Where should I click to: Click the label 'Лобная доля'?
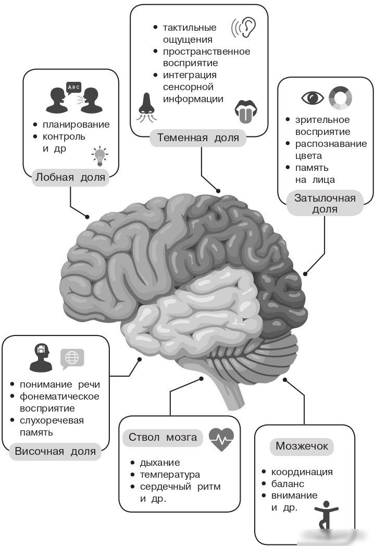coord(70,177)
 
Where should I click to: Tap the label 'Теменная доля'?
coord(198,138)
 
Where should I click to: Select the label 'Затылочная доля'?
coord(325,203)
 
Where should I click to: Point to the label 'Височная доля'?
coord(55,451)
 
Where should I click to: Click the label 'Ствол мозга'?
coord(162,437)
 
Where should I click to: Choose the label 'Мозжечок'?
coord(302,446)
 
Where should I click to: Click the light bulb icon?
coord(100,156)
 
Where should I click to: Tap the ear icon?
coord(244,27)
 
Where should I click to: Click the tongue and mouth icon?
coord(246,111)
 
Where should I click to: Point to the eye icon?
coord(312,97)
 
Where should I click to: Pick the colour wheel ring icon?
coord(340,98)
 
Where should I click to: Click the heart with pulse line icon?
coord(221,439)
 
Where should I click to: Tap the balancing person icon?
coord(326,515)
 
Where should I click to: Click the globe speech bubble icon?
coord(72,358)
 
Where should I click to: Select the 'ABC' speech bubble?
coord(73,87)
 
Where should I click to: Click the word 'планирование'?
coord(76,125)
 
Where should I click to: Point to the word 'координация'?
coord(302,472)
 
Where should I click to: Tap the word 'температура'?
coord(170,475)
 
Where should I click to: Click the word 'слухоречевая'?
coord(52,420)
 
